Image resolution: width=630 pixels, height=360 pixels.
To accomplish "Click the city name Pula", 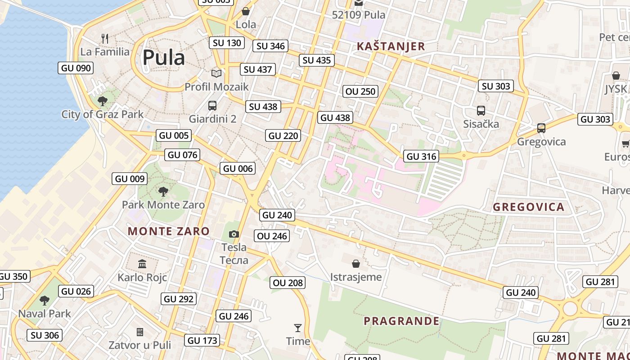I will [163, 58].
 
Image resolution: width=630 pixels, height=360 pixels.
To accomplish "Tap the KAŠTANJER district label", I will [391, 46].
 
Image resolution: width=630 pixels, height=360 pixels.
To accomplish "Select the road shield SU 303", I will [496, 86].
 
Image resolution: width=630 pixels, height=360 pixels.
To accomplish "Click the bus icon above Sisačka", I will [481, 110].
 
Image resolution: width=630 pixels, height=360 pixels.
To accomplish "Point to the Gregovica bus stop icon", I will [541, 128].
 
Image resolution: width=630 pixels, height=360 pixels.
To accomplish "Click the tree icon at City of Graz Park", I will [102, 101].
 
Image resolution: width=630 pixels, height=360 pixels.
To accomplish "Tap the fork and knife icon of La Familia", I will [105, 38].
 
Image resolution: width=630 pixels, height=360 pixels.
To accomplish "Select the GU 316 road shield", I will [421, 156].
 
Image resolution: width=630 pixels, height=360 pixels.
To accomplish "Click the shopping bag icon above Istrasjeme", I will [356, 263].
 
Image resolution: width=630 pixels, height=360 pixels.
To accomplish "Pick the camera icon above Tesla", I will [234, 234].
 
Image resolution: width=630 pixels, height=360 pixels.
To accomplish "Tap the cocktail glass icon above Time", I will [297, 328].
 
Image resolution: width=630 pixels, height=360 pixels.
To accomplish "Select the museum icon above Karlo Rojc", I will [142, 264].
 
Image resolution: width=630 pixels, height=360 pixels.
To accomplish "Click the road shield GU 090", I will [76, 68].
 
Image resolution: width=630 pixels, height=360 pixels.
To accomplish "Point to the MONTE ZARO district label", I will [169, 231].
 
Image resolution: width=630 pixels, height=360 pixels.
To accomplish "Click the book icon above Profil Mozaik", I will [216, 73].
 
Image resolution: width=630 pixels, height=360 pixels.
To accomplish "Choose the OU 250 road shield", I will [360, 91].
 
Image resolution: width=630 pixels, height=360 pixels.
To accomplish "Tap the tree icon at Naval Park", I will [44, 300].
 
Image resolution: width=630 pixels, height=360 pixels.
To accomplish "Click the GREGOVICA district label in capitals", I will [528, 207].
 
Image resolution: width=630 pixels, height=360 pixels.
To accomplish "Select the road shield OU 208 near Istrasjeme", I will [288, 283].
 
